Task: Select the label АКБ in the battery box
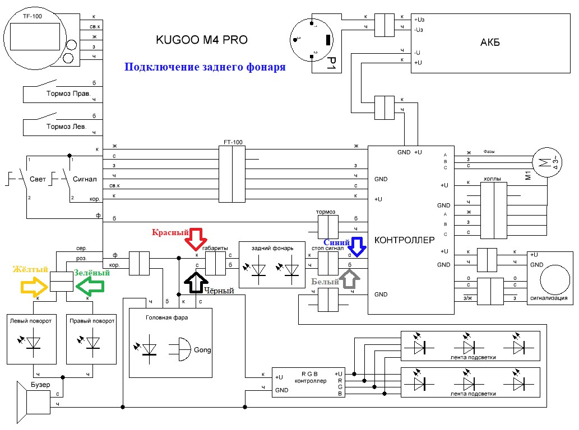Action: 490,43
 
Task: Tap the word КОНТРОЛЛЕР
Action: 404,240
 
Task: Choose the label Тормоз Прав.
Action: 68,94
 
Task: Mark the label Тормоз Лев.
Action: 66,127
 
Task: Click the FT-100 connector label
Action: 231,143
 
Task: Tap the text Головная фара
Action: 166,317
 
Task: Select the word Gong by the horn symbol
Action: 202,350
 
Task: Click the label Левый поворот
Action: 31,321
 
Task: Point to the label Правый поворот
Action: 92,321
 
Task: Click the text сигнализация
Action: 549,298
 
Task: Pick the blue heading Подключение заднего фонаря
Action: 205,67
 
